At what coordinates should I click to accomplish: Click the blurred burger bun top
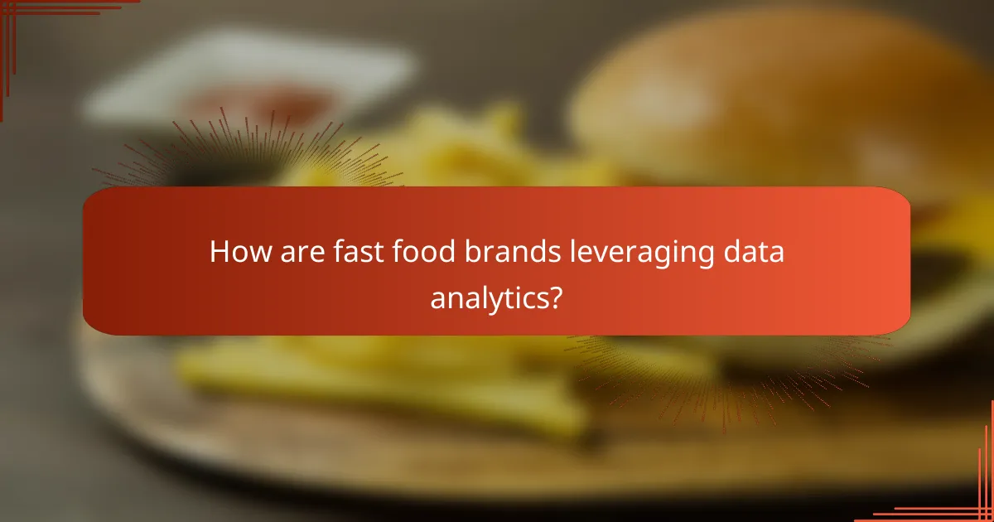[770, 91]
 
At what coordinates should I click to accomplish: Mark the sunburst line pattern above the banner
[248, 153]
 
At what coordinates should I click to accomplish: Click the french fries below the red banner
[373, 373]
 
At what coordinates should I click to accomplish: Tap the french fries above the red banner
[464, 149]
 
